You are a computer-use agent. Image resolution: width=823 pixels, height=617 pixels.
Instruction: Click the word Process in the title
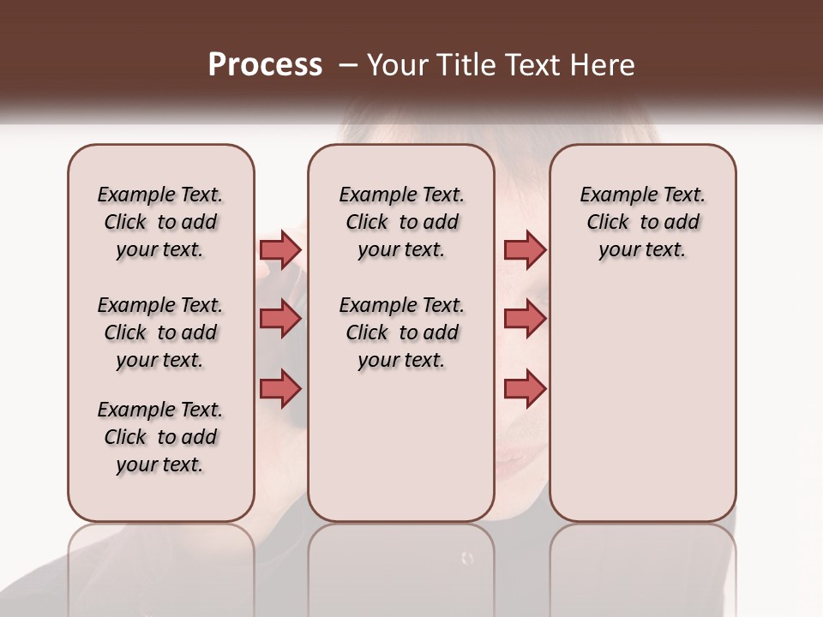pos(265,65)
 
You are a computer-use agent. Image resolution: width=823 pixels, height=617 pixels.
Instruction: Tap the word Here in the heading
pos(602,65)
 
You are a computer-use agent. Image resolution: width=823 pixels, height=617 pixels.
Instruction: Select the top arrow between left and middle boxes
pos(280,249)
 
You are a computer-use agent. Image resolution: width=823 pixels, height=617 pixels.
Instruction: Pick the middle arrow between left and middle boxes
pos(280,319)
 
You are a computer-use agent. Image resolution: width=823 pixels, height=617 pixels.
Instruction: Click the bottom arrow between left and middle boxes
pos(280,388)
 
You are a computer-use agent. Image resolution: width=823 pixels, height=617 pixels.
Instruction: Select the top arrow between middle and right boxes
pos(525,249)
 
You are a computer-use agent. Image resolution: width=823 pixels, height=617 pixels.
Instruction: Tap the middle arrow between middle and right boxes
pos(525,319)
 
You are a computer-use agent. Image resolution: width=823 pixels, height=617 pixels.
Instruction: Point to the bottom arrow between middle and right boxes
pos(525,388)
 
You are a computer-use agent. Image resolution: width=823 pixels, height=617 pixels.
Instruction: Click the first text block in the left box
pos(160,222)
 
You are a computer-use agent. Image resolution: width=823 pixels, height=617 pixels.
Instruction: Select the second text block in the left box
pos(160,332)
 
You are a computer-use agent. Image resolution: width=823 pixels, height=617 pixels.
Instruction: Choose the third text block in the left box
pos(160,437)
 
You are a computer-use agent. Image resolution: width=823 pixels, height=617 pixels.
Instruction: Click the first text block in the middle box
pos(401,222)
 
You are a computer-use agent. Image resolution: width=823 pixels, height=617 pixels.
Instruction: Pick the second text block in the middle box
pos(401,332)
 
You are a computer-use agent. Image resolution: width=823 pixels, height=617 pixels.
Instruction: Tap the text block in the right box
pos(643,222)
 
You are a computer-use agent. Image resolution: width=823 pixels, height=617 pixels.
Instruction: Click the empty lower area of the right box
pos(643,403)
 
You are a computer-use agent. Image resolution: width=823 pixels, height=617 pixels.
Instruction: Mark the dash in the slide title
pos(347,65)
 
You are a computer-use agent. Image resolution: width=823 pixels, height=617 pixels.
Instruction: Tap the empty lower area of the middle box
pos(401,446)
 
